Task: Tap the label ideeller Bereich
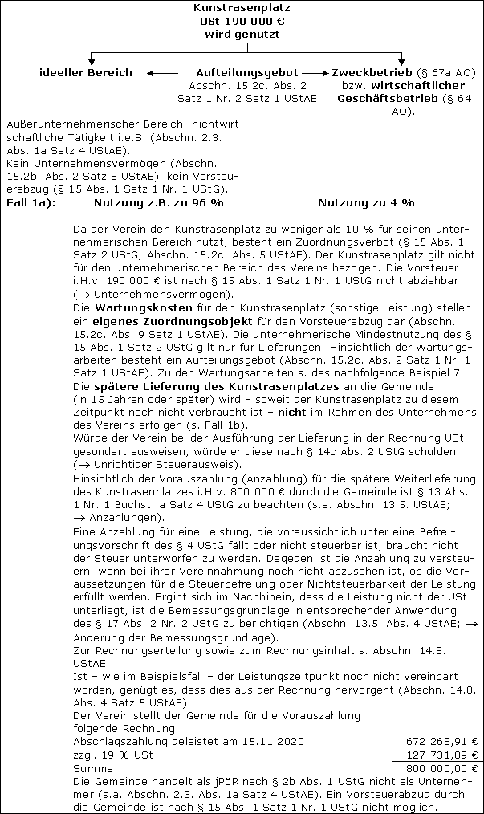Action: click(87, 73)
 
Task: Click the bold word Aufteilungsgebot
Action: click(246, 73)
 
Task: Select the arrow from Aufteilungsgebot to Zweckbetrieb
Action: click(315, 73)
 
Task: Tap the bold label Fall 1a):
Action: click(31, 202)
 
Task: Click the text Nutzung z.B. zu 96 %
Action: click(159, 202)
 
